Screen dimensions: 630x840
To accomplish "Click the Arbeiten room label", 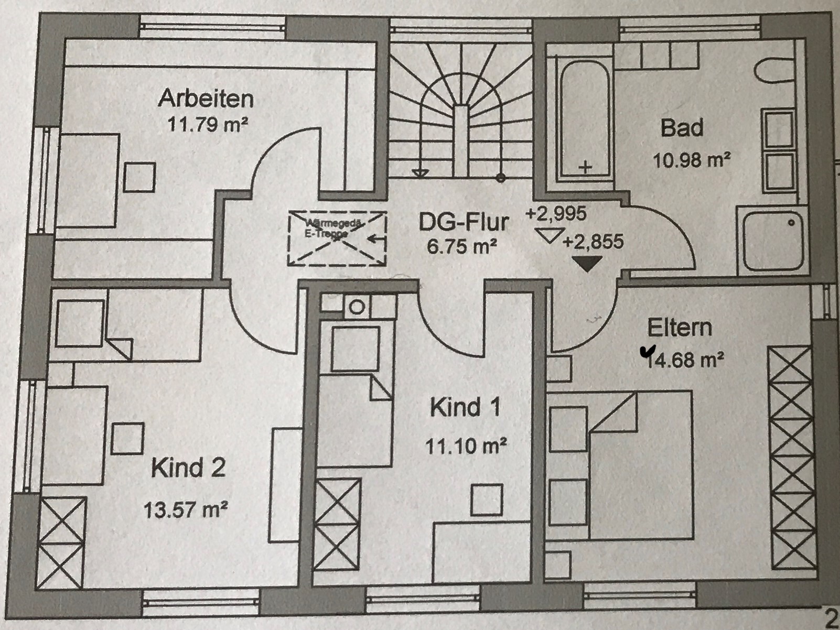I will pyautogui.click(x=206, y=98).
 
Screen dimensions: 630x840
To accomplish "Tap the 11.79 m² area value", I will pyautogui.click(x=207, y=125).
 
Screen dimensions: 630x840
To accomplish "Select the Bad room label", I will pyautogui.click(x=682, y=128).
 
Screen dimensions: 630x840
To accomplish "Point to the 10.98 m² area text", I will pyautogui.click(x=692, y=159).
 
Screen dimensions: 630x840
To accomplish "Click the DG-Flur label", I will pyautogui.click(x=463, y=222).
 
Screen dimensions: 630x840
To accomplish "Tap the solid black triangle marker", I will pyautogui.click(x=586, y=263).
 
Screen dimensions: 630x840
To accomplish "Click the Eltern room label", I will pyautogui.click(x=680, y=328).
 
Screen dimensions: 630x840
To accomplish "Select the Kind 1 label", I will pyautogui.click(x=465, y=407).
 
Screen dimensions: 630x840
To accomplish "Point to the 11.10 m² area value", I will pyautogui.click(x=465, y=447).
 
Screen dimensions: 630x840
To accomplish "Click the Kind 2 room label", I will pyautogui.click(x=188, y=468).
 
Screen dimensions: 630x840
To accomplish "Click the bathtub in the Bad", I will pyautogui.click(x=584, y=120).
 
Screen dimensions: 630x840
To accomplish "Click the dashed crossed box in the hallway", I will pyautogui.click(x=337, y=238).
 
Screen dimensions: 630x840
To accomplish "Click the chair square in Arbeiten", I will pyautogui.click(x=139, y=177).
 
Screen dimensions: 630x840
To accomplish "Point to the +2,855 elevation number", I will pyautogui.click(x=593, y=242).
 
